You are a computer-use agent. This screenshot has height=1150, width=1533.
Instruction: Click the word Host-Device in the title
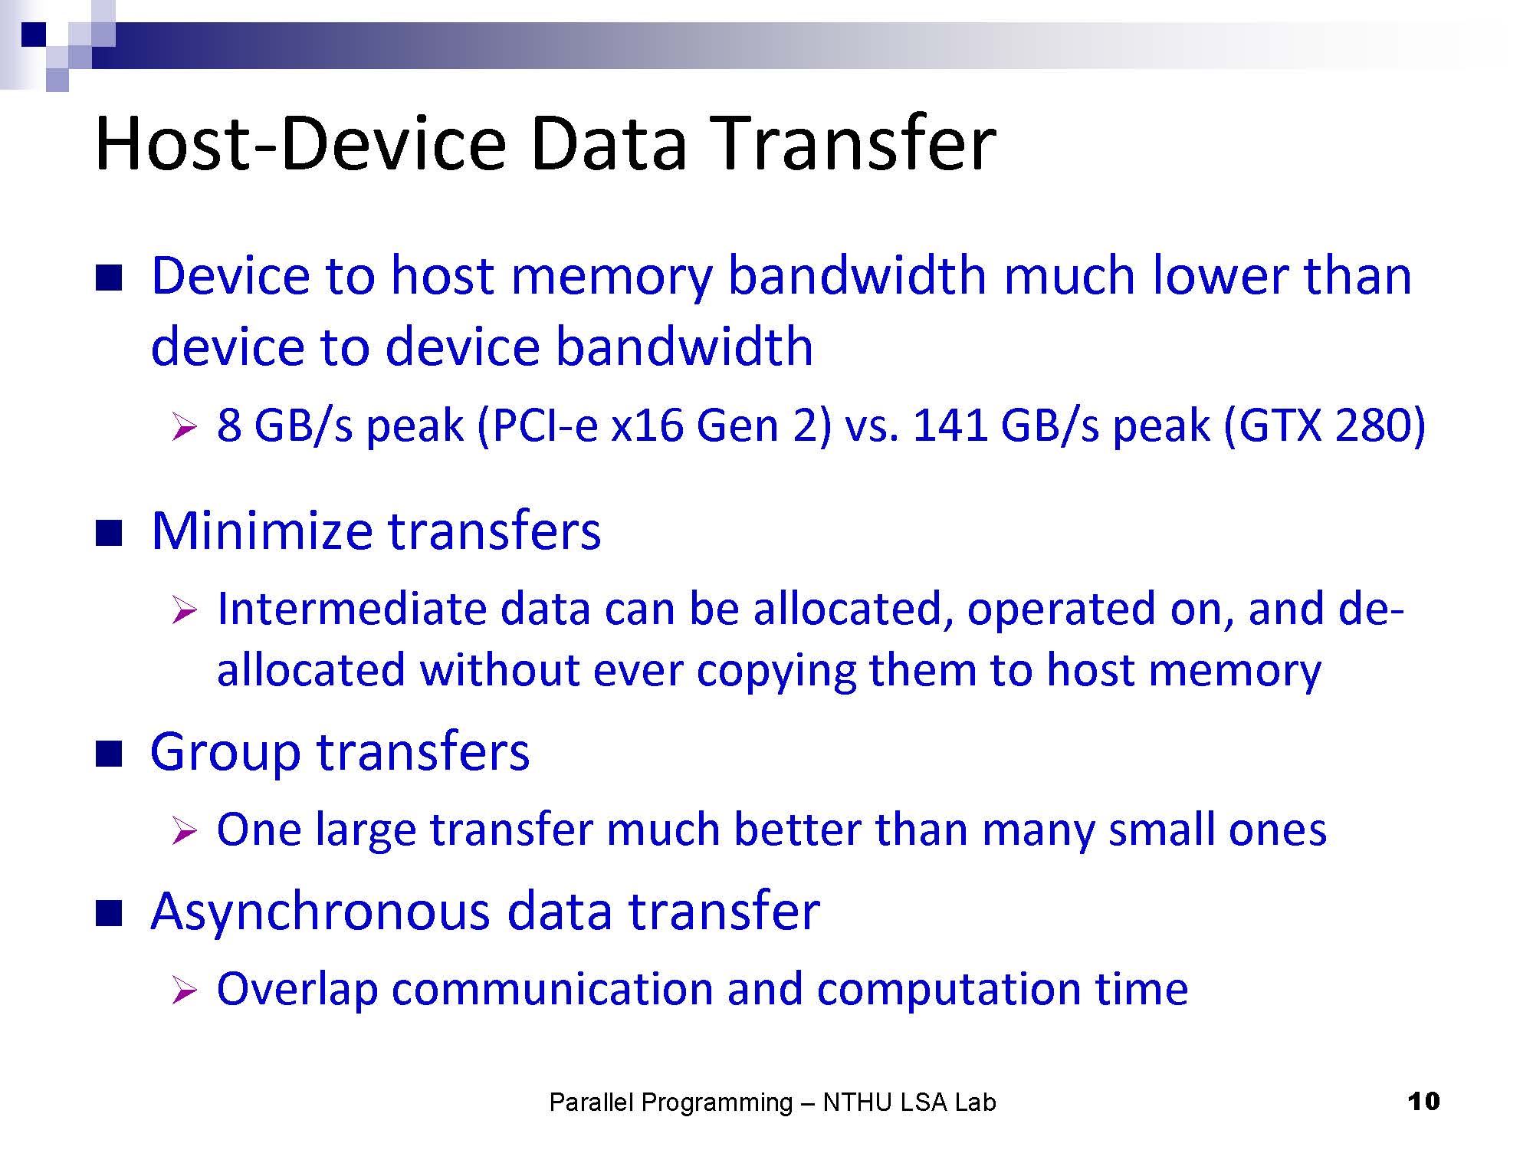(300, 143)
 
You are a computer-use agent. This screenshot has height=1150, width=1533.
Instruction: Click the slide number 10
(1423, 1102)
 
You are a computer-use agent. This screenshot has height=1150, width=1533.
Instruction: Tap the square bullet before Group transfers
(109, 754)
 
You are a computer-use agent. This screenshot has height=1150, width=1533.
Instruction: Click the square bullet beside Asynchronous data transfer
(109, 914)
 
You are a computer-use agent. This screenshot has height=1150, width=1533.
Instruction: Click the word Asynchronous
(320, 912)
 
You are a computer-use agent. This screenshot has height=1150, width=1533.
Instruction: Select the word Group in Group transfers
(225, 754)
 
